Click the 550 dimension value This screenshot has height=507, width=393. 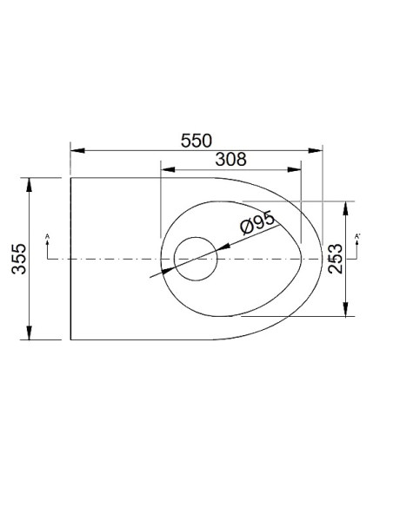pos(196,141)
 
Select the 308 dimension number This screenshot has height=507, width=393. pos(230,159)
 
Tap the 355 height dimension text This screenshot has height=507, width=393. pos(19,259)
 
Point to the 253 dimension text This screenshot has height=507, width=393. pos(335,259)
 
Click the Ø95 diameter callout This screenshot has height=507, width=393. pos(257,222)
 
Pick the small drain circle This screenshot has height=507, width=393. pos(196,259)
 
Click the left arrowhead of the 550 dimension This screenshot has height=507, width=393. pos(77,150)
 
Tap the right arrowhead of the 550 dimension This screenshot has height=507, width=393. pos(316,150)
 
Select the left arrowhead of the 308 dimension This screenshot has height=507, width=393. pos(168,169)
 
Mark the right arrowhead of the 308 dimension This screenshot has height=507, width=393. pos(294,169)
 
